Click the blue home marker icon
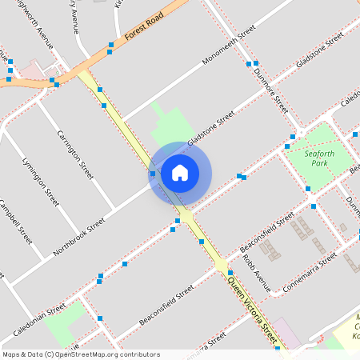pyautogui.click(x=180, y=171)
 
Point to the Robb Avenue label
pyautogui.click(x=257, y=273)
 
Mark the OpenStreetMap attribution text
pyautogui.click(x=81, y=354)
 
